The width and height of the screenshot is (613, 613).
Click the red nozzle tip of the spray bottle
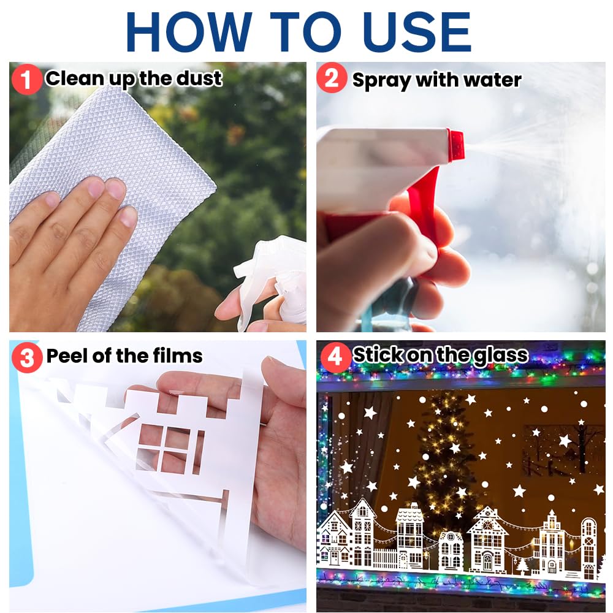point(455,145)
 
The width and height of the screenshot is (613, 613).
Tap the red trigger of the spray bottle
point(423,196)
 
